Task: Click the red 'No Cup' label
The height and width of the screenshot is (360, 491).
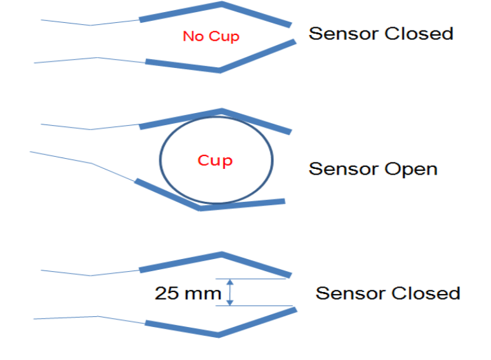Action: point(211,36)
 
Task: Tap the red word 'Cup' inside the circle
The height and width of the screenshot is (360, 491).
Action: point(215,160)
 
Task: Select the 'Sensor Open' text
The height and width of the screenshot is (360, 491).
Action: point(373,169)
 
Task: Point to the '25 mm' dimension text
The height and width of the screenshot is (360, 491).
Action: point(188,293)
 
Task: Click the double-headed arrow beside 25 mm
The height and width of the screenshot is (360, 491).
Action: point(230,293)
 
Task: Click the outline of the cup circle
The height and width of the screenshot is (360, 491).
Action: point(160,159)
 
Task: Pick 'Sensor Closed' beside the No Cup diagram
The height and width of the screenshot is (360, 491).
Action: point(380,33)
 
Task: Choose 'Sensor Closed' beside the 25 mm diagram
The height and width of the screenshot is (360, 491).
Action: point(387,293)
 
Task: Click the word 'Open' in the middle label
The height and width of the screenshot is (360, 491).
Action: point(411,170)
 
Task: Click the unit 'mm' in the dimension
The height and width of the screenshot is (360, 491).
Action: point(205,294)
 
